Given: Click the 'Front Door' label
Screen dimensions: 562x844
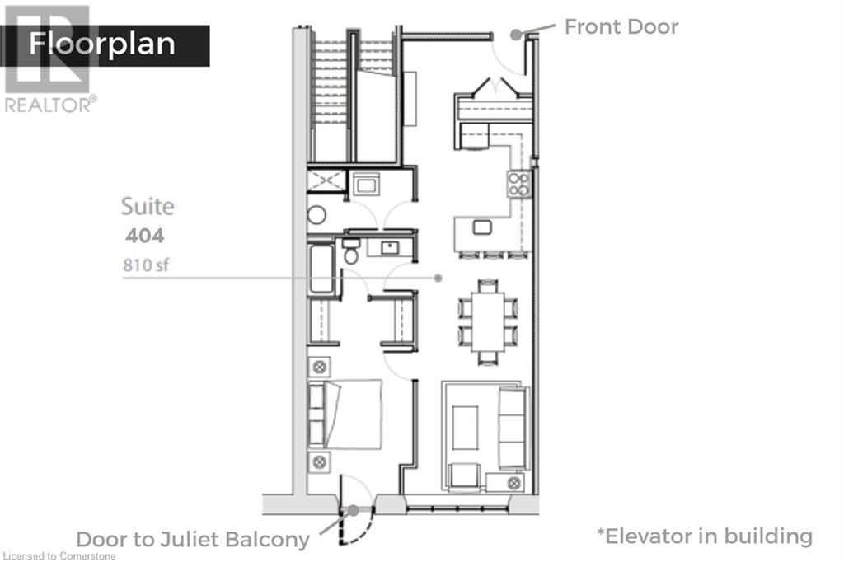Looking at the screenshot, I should click(621, 26).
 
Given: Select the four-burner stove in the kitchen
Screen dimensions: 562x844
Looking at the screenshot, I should click(518, 183).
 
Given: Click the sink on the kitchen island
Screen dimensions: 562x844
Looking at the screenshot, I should click(483, 227).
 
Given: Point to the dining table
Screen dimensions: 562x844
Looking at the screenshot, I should click(489, 321).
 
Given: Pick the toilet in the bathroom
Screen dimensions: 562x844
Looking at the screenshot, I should click(351, 251).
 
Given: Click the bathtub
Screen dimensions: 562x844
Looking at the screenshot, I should click(321, 268).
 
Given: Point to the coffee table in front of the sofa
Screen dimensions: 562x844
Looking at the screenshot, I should click(465, 428).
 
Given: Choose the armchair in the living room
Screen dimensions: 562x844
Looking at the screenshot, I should click(464, 475).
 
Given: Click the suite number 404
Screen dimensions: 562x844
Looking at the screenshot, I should click(144, 237).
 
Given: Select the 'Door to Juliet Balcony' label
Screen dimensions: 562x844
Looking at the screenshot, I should click(193, 540).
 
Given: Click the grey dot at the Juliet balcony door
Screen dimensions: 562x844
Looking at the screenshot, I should click(354, 510).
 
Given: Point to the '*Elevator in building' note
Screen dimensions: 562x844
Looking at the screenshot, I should click(705, 536).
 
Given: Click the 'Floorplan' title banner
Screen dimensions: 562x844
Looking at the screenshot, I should click(103, 44).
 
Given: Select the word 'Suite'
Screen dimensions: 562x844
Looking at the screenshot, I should click(148, 206).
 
